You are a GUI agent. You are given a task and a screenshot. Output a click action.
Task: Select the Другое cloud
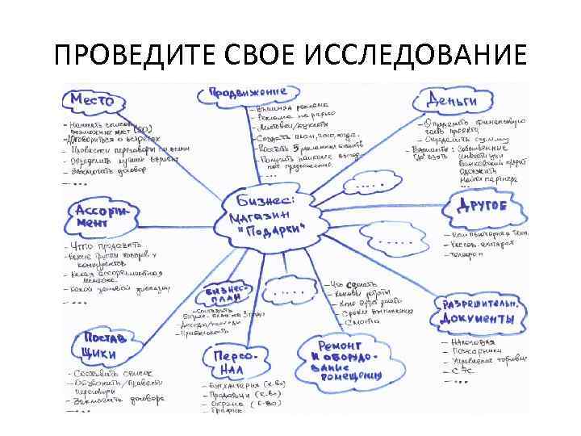pyautogui.click(x=482, y=206)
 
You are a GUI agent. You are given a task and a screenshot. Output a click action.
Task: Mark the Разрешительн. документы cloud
pyautogui.click(x=478, y=312)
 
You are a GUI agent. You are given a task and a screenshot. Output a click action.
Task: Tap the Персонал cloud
pyautogui.click(x=235, y=361)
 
